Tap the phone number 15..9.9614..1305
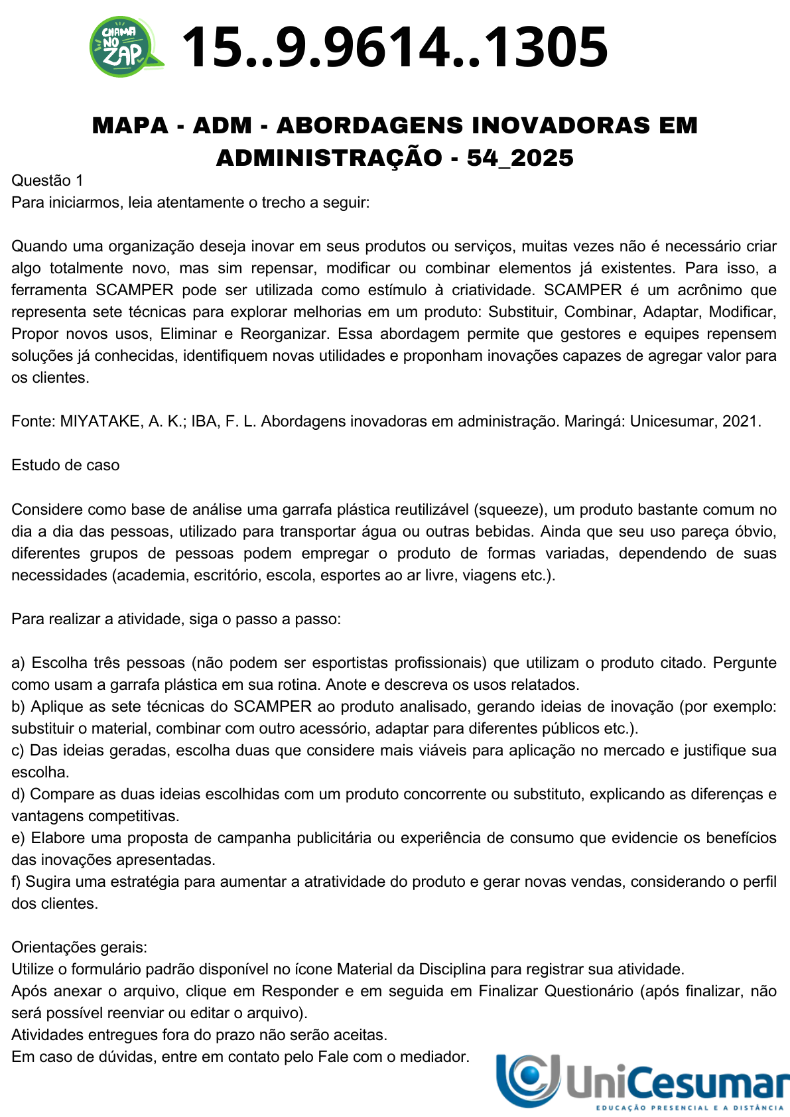pyautogui.click(x=394, y=47)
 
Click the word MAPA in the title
pyautogui.click(x=130, y=125)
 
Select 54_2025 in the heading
pyautogui.click(x=520, y=158)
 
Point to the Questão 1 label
pyautogui.click(x=47, y=180)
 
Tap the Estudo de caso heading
pyautogui.click(x=65, y=465)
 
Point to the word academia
pyautogui.click(x=152, y=575)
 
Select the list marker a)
pyautogui.click(x=18, y=663)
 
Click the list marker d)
pyautogui.click(x=18, y=794)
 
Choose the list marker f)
pyautogui.click(x=17, y=882)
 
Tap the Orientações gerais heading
pyautogui.click(x=79, y=947)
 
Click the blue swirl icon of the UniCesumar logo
pyautogui.click(x=528, y=1079)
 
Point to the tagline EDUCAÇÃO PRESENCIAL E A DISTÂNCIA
pyautogui.click(x=690, y=1108)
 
